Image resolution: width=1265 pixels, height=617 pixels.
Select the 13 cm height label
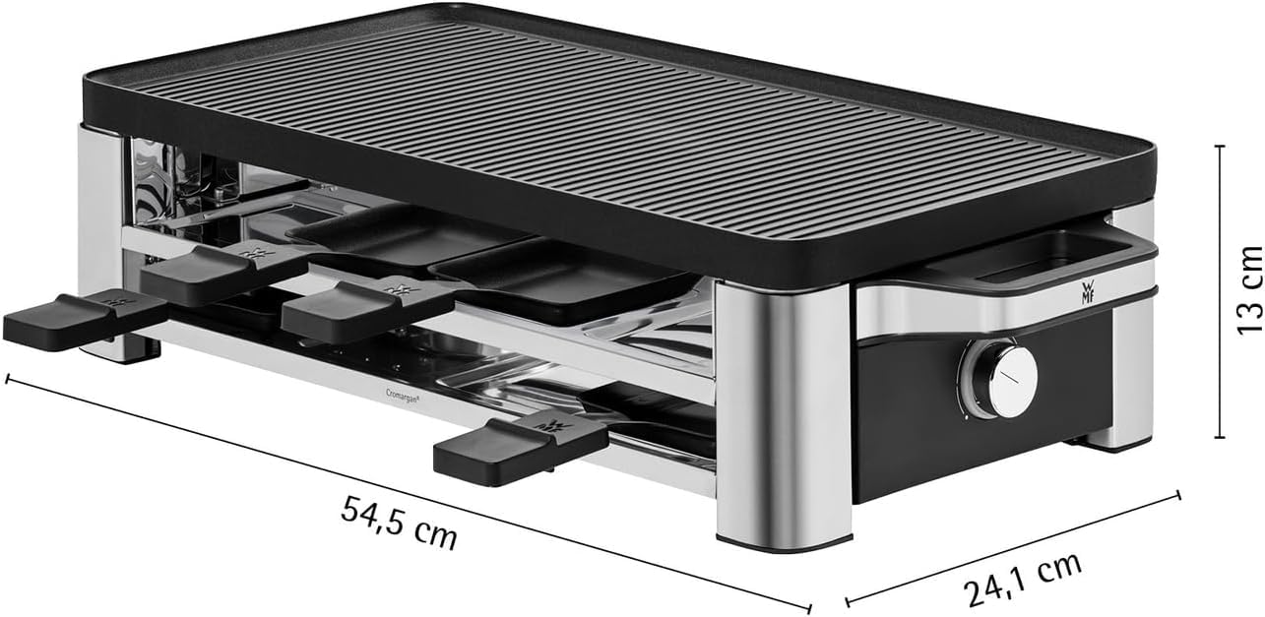tap(1247, 289)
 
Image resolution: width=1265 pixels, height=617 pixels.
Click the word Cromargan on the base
tap(398, 396)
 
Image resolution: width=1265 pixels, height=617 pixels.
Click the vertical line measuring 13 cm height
tap(1220, 290)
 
